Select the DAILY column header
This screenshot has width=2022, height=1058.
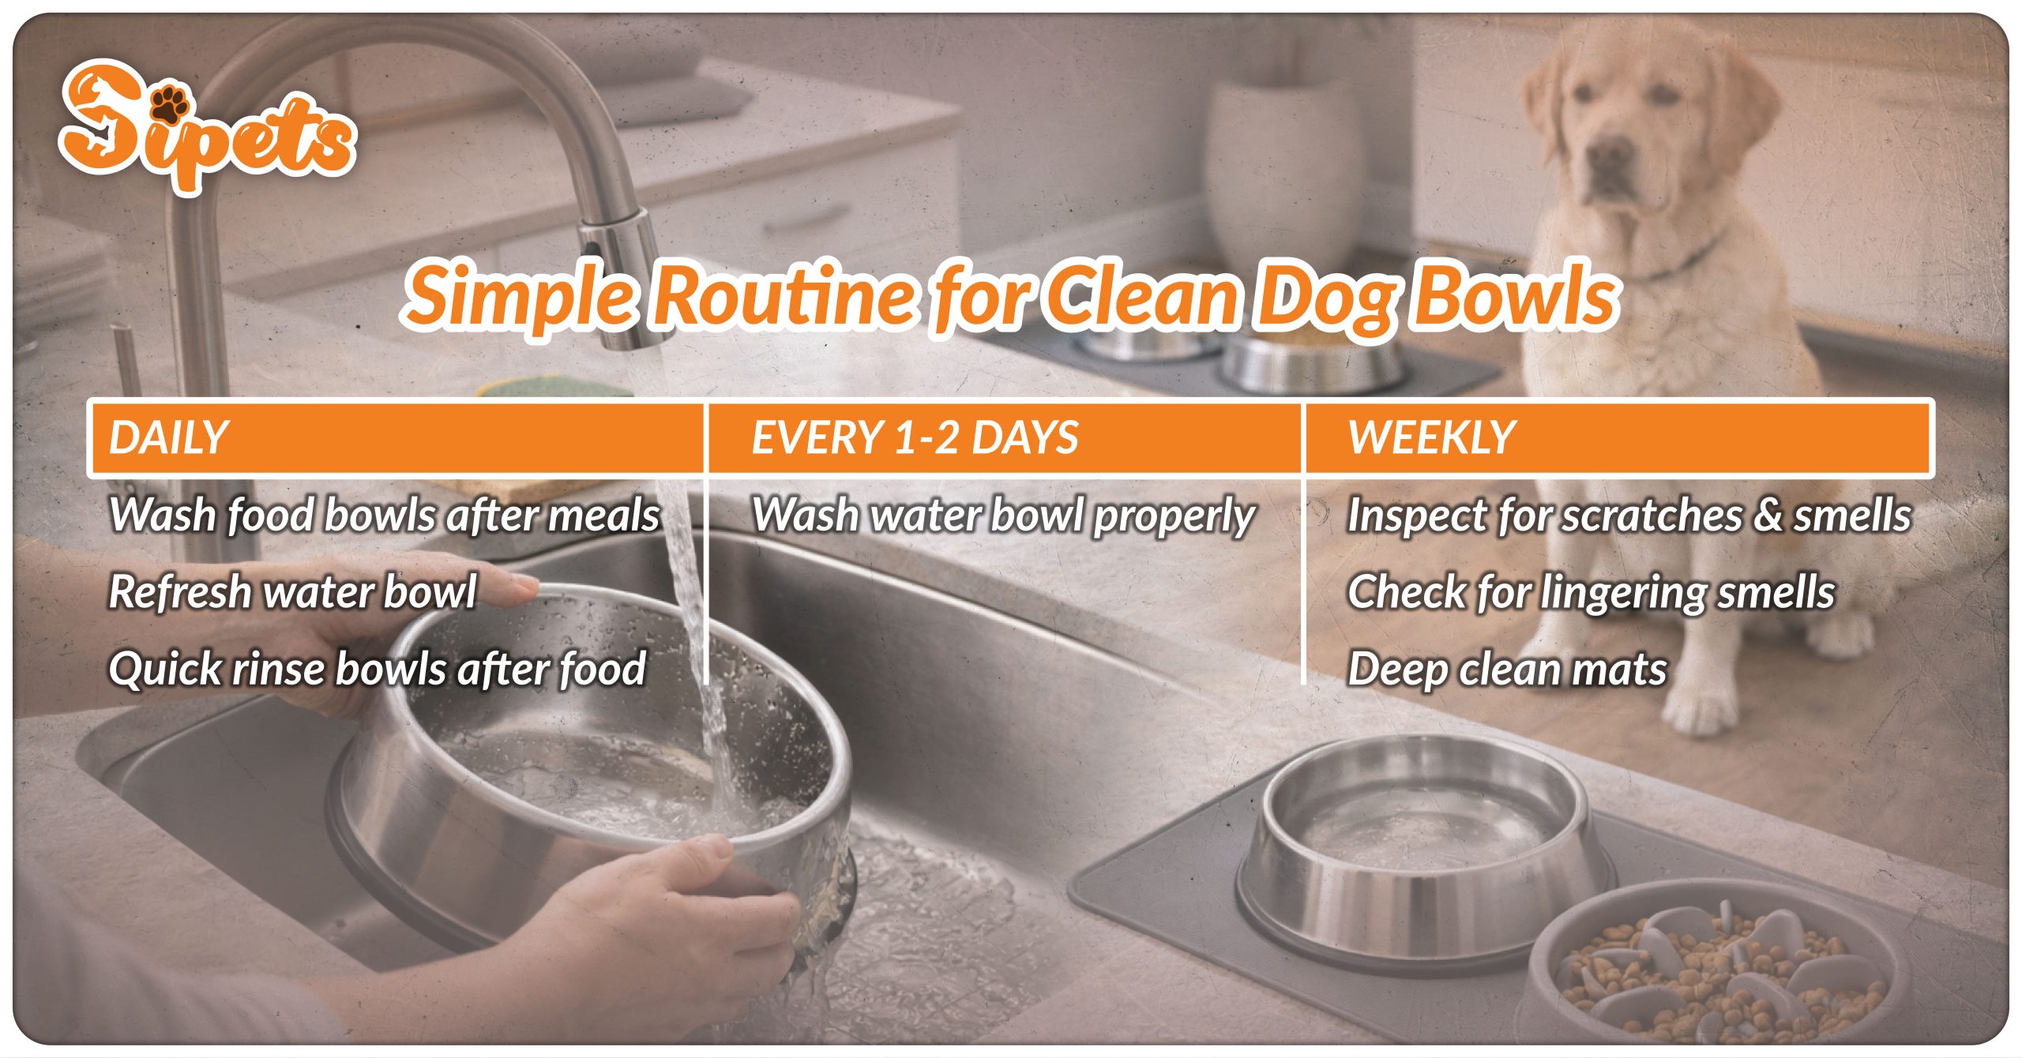pos(168,438)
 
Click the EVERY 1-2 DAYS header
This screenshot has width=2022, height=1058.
pos(915,438)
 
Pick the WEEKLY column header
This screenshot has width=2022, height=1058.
pos(1431,438)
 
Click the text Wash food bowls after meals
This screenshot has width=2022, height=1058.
pos(384,516)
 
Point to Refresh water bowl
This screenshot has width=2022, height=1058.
pos(292,592)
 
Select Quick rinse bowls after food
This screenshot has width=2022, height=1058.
pos(378,669)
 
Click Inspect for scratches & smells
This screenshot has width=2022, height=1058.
pos(1629,516)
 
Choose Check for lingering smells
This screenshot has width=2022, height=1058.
pos(1591,592)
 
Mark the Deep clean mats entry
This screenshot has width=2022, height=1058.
pos(1507,669)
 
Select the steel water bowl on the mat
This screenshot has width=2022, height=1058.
pos(1422,853)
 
